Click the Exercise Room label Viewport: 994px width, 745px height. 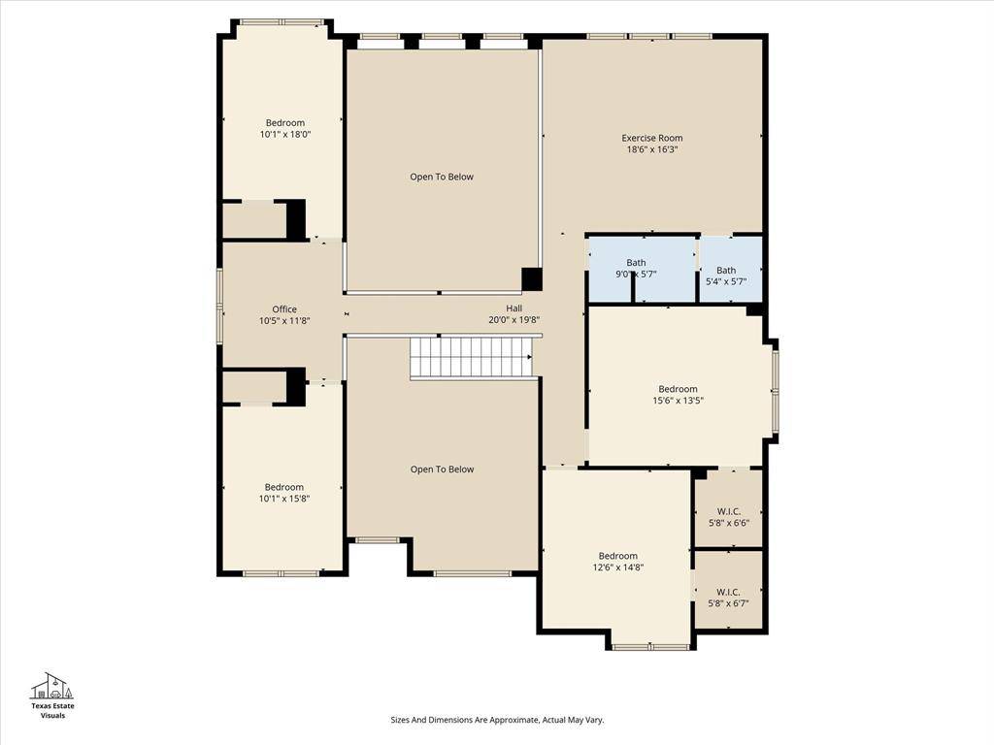point(651,138)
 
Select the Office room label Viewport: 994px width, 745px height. point(284,309)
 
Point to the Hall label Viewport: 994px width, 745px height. point(514,308)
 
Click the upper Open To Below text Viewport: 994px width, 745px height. point(442,177)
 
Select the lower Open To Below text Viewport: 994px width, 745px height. point(442,470)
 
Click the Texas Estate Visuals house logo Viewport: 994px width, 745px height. point(52,686)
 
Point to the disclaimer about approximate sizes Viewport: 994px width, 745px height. point(497,720)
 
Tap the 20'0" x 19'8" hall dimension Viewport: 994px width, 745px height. point(514,320)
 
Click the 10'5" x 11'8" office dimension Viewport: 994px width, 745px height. point(284,321)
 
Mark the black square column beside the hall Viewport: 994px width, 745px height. point(531,279)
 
